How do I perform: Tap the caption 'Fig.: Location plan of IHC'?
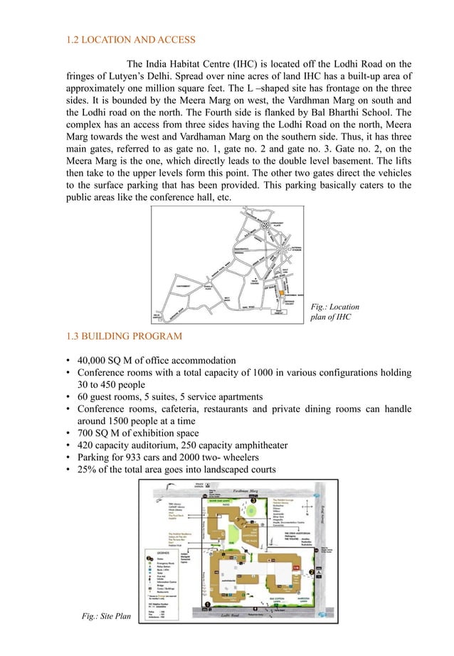(334, 312)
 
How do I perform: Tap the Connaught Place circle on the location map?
(270, 223)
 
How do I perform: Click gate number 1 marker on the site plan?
(207, 604)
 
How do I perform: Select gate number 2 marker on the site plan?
(310, 573)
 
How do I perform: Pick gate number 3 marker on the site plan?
(253, 497)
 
